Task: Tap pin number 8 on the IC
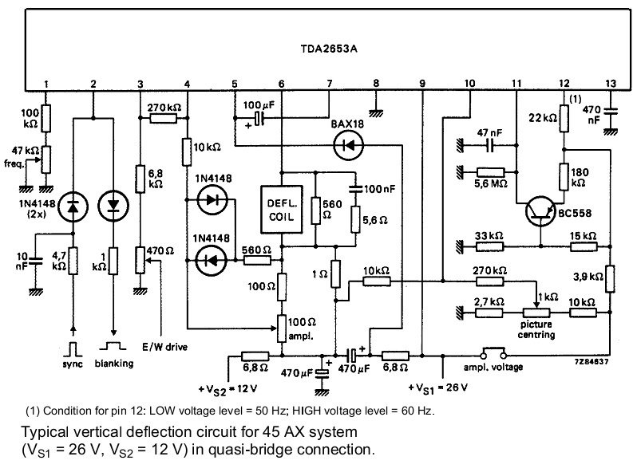[376, 84]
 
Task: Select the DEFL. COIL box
[282, 209]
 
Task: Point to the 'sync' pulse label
[73, 363]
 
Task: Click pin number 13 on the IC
[611, 84]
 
